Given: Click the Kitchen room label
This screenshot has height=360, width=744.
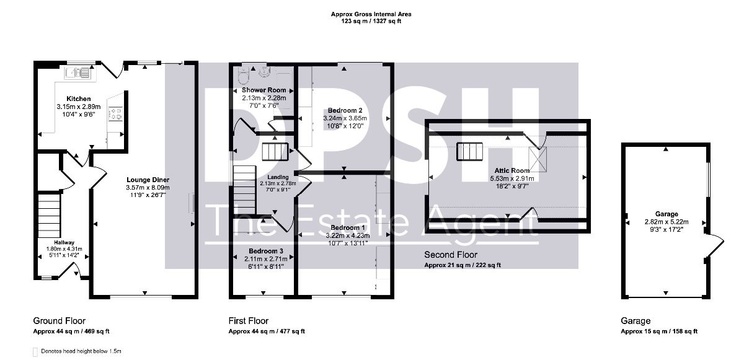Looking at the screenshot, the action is (x=78, y=99).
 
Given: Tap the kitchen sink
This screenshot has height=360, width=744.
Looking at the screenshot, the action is (x=78, y=73).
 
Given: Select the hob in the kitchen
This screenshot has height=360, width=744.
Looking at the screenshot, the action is (x=115, y=113).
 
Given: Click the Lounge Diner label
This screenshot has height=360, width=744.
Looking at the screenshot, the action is (x=148, y=180).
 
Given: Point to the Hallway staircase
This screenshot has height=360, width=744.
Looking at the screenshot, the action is (x=50, y=216).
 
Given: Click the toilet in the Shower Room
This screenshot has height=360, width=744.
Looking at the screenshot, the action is (x=244, y=75).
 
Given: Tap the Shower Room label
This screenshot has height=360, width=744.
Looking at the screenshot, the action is (x=263, y=90).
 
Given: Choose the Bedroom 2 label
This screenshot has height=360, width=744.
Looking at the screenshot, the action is (x=345, y=110).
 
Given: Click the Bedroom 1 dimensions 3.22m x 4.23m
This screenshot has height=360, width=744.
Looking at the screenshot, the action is (x=348, y=235).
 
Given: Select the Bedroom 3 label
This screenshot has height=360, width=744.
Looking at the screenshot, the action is (x=266, y=251).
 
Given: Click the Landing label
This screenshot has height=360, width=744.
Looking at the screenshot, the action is (x=278, y=177).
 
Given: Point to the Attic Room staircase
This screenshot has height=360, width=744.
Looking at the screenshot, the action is (x=469, y=151).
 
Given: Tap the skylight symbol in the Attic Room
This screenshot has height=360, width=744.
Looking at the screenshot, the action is (x=538, y=160).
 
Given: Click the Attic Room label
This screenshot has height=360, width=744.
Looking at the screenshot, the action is (x=512, y=170).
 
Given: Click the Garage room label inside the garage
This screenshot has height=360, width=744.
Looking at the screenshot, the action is (x=666, y=214).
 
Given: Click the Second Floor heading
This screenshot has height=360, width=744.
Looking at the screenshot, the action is (x=451, y=255).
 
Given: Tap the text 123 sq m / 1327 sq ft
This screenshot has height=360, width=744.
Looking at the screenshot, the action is (x=371, y=21).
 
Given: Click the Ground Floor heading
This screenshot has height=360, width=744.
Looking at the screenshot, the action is (x=59, y=321).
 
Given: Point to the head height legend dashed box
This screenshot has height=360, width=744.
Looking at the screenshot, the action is (x=35, y=352).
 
